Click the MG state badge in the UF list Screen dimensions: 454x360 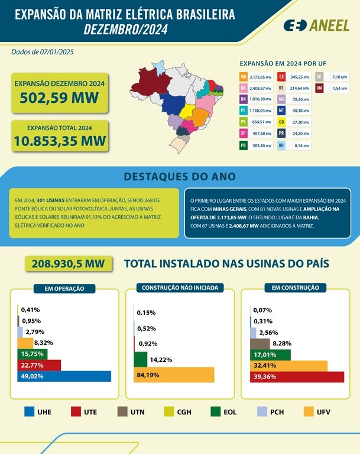point(244,77)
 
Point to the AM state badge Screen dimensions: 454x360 point(319,88)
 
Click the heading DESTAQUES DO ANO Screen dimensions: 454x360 point(180,176)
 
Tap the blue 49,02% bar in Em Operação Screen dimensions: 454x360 point(64,376)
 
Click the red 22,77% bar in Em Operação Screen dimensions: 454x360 point(39,365)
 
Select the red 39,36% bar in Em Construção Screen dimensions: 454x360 point(297,377)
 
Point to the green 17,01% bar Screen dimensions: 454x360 point(270,355)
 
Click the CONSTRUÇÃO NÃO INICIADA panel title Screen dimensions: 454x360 point(180,288)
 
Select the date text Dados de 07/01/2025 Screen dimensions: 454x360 point(42,52)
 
